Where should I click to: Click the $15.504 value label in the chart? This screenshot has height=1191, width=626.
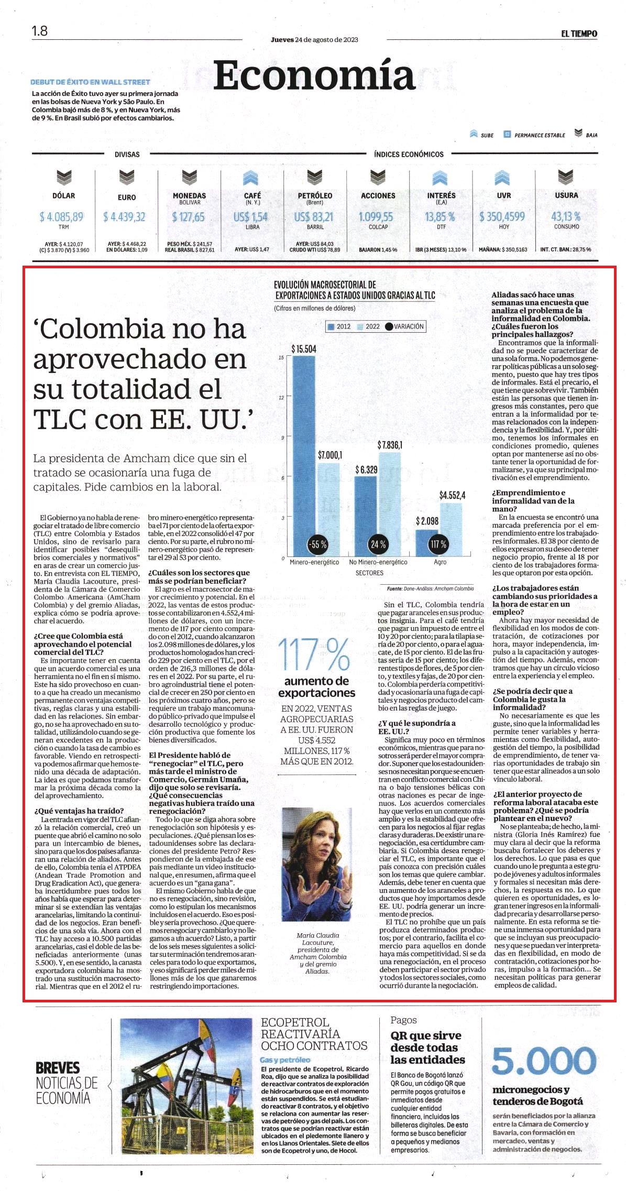(x=304, y=349)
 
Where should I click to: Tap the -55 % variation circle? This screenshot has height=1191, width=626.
(x=317, y=544)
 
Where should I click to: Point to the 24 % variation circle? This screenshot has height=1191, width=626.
(x=378, y=544)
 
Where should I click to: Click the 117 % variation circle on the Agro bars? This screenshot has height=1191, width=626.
(x=438, y=544)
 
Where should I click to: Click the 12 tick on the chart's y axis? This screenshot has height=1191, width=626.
(x=281, y=398)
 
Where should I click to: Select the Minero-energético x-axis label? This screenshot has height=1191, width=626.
(x=314, y=562)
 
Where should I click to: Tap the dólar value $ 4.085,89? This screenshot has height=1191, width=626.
(x=62, y=216)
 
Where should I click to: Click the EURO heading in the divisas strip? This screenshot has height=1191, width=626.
(x=127, y=198)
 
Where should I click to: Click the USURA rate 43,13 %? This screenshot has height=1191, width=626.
(x=566, y=216)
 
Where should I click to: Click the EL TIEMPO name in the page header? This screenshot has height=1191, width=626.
(x=579, y=34)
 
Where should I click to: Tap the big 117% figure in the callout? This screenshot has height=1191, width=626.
(x=314, y=654)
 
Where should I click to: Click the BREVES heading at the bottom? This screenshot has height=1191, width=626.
(x=58, y=1067)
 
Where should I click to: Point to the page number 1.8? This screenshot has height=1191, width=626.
(x=39, y=31)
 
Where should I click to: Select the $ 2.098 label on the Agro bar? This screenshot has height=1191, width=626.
(x=427, y=521)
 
